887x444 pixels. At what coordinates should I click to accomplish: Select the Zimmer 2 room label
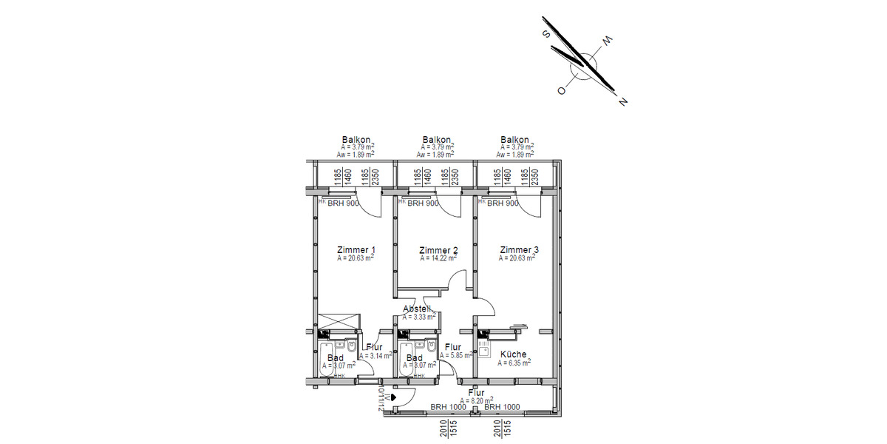(438, 249)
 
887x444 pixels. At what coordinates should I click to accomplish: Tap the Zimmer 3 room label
(519, 249)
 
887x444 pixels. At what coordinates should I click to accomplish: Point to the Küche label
(513, 354)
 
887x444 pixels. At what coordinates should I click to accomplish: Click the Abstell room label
(417, 309)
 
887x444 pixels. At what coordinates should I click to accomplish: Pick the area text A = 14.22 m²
(438, 258)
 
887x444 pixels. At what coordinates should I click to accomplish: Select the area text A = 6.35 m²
(513, 363)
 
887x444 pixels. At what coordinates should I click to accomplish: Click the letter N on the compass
(623, 101)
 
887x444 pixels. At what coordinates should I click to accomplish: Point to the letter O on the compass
(562, 90)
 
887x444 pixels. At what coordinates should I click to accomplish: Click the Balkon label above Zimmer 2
(437, 139)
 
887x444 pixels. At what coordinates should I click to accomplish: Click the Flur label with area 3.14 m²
(373, 347)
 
